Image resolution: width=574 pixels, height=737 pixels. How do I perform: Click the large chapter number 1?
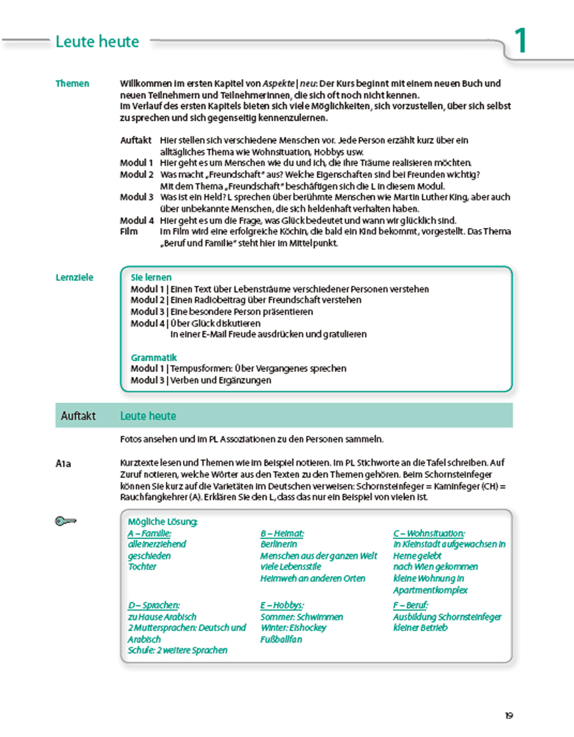(521, 41)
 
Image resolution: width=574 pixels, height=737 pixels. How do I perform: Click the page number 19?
(508, 715)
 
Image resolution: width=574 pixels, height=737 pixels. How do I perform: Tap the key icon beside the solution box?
(65, 522)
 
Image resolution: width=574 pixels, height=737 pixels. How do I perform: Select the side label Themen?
(72, 84)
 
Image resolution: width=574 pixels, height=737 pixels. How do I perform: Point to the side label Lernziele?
(75, 278)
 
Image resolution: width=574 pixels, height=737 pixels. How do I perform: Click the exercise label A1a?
(63, 464)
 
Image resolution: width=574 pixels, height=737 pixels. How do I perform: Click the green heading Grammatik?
(154, 357)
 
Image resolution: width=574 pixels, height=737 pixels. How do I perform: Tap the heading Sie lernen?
(151, 278)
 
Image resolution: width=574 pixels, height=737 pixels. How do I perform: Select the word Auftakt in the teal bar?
(78, 416)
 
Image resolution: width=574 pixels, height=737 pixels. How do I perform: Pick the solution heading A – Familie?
(150, 533)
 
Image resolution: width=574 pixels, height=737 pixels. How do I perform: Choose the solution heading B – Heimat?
(282, 533)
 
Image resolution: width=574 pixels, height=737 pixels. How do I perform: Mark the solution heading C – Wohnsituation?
(429, 533)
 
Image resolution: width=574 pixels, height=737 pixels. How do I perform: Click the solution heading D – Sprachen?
(153, 605)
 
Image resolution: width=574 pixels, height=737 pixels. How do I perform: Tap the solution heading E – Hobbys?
(282, 605)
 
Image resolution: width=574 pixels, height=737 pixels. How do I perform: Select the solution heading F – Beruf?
(411, 605)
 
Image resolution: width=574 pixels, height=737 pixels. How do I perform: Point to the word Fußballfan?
(281, 639)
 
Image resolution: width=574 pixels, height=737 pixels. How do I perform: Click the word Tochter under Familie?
(142, 567)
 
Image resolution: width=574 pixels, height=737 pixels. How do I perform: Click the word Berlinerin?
(279, 544)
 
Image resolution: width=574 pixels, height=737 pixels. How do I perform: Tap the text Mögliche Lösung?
(163, 521)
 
